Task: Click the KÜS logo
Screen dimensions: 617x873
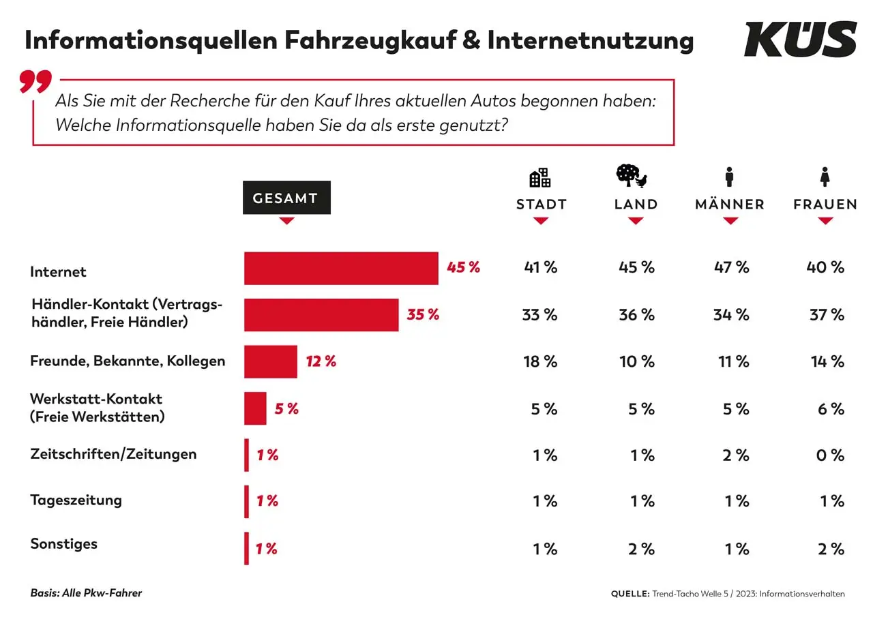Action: pos(800,39)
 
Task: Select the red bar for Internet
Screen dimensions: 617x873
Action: pos(341,268)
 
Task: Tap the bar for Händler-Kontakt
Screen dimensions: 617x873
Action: pos(321,315)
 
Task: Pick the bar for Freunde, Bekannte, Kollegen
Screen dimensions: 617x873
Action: pos(271,361)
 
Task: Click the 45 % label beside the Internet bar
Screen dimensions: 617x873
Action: pos(464,267)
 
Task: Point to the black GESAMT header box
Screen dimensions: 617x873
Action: pos(286,198)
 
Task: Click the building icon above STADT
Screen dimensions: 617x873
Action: pos(540,178)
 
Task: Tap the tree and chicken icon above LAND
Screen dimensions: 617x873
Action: pos(632,176)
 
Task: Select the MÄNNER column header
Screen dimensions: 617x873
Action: pos(730,205)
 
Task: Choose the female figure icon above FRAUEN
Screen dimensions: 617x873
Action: pos(825,177)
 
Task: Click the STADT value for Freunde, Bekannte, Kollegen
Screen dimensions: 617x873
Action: pos(541,361)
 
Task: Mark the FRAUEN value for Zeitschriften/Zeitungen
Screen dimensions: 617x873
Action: pos(830,455)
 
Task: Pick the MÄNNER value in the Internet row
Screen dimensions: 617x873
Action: pos(732,267)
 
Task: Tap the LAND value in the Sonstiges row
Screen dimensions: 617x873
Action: pos(642,549)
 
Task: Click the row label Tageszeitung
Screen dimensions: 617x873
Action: pos(76,500)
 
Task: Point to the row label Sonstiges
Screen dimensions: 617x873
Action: pos(63,544)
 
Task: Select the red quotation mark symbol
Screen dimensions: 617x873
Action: pos(35,81)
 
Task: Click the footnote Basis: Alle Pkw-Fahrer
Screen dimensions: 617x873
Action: pos(86,593)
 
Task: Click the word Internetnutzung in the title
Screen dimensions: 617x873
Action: pos(591,41)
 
